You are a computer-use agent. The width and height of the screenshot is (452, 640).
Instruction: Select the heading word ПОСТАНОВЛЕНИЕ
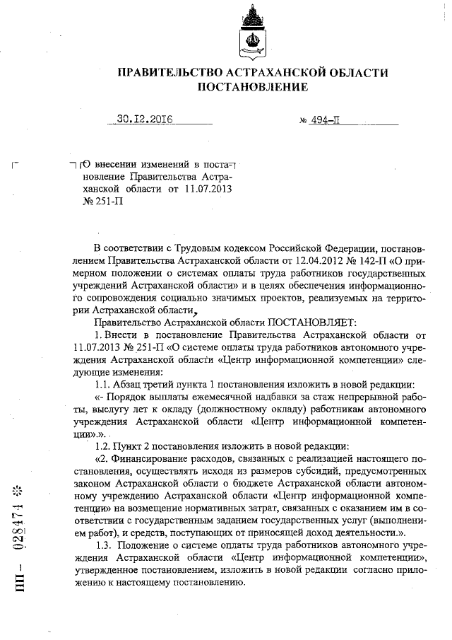[x=252, y=88]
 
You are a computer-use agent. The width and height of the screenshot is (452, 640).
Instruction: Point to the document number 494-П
[x=325, y=120]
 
